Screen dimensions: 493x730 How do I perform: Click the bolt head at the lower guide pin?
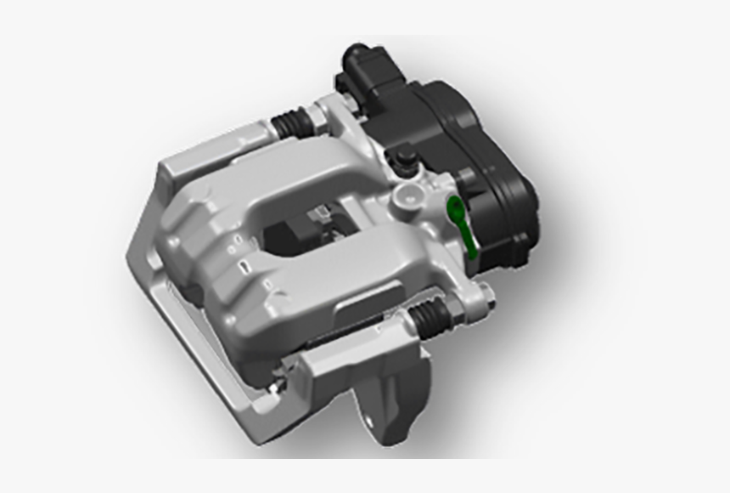(x=485, y=295)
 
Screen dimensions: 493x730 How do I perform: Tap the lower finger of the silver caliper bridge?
(x=340, y=272)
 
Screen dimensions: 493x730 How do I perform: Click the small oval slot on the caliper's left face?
(x=244, y=267)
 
